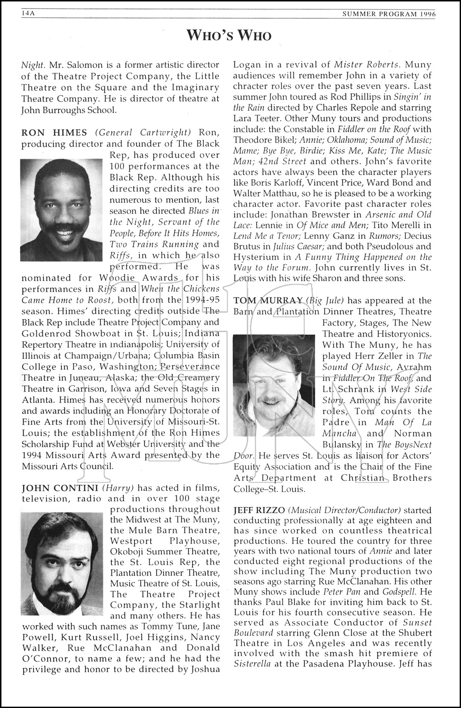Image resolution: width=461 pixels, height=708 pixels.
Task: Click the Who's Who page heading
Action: (229, 35)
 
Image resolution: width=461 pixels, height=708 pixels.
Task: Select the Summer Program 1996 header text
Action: (389, 14)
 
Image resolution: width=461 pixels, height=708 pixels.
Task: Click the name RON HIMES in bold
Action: (55, 133)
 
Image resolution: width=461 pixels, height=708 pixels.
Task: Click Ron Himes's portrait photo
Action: (61, 210)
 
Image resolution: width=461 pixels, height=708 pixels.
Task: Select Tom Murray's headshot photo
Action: (275, 379)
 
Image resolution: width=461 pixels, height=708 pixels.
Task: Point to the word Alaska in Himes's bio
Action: (120, 378)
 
